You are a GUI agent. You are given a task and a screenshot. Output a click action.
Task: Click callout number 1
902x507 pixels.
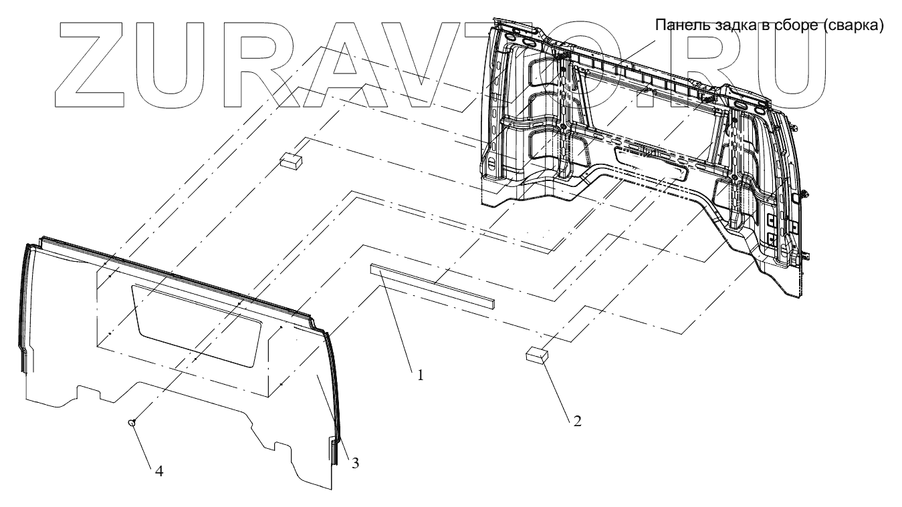point(420,375)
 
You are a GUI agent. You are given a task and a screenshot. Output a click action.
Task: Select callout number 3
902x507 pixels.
point(355,462)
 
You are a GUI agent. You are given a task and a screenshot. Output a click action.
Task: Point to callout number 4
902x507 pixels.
point(158,471)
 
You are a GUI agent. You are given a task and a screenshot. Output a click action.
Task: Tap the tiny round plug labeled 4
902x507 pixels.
point(132,422)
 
